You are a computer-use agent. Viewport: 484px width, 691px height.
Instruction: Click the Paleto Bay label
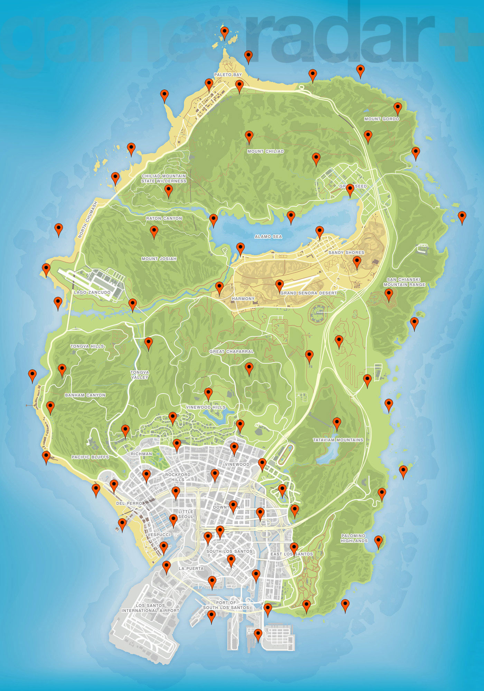tap(228, 75)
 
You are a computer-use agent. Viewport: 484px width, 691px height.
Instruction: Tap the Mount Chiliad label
tap(266, 151)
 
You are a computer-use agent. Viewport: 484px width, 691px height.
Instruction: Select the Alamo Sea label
tap(268, 237)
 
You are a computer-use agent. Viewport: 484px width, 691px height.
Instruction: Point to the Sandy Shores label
tap(346, 253)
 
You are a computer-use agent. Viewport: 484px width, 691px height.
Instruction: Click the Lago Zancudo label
tap(92, 292)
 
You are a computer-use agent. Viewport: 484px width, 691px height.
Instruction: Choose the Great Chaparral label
tap(232, 351)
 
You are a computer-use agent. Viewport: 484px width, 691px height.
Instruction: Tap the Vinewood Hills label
tap(206, 407)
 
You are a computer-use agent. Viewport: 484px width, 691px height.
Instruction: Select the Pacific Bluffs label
tap(90, 457)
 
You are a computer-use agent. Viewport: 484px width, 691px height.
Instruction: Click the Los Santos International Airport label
tap(150, 608)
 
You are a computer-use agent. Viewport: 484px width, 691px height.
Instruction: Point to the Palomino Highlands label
tap(354, 538)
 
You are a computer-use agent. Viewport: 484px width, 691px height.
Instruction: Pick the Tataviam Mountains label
tap(338, 440)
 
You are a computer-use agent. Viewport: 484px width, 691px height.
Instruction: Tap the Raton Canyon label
tap(164, 218)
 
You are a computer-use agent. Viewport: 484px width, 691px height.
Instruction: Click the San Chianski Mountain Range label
tap(404, 282)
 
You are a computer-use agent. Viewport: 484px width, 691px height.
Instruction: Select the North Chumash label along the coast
tap(88, 220)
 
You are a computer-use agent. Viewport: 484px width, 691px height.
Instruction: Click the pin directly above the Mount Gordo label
tap(398, 108)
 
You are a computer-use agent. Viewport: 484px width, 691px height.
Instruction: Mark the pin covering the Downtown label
tap(233, 506)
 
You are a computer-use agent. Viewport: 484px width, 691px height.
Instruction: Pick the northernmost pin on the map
tap(225, 32)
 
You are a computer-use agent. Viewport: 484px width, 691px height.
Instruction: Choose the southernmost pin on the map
tap(258, 634)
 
